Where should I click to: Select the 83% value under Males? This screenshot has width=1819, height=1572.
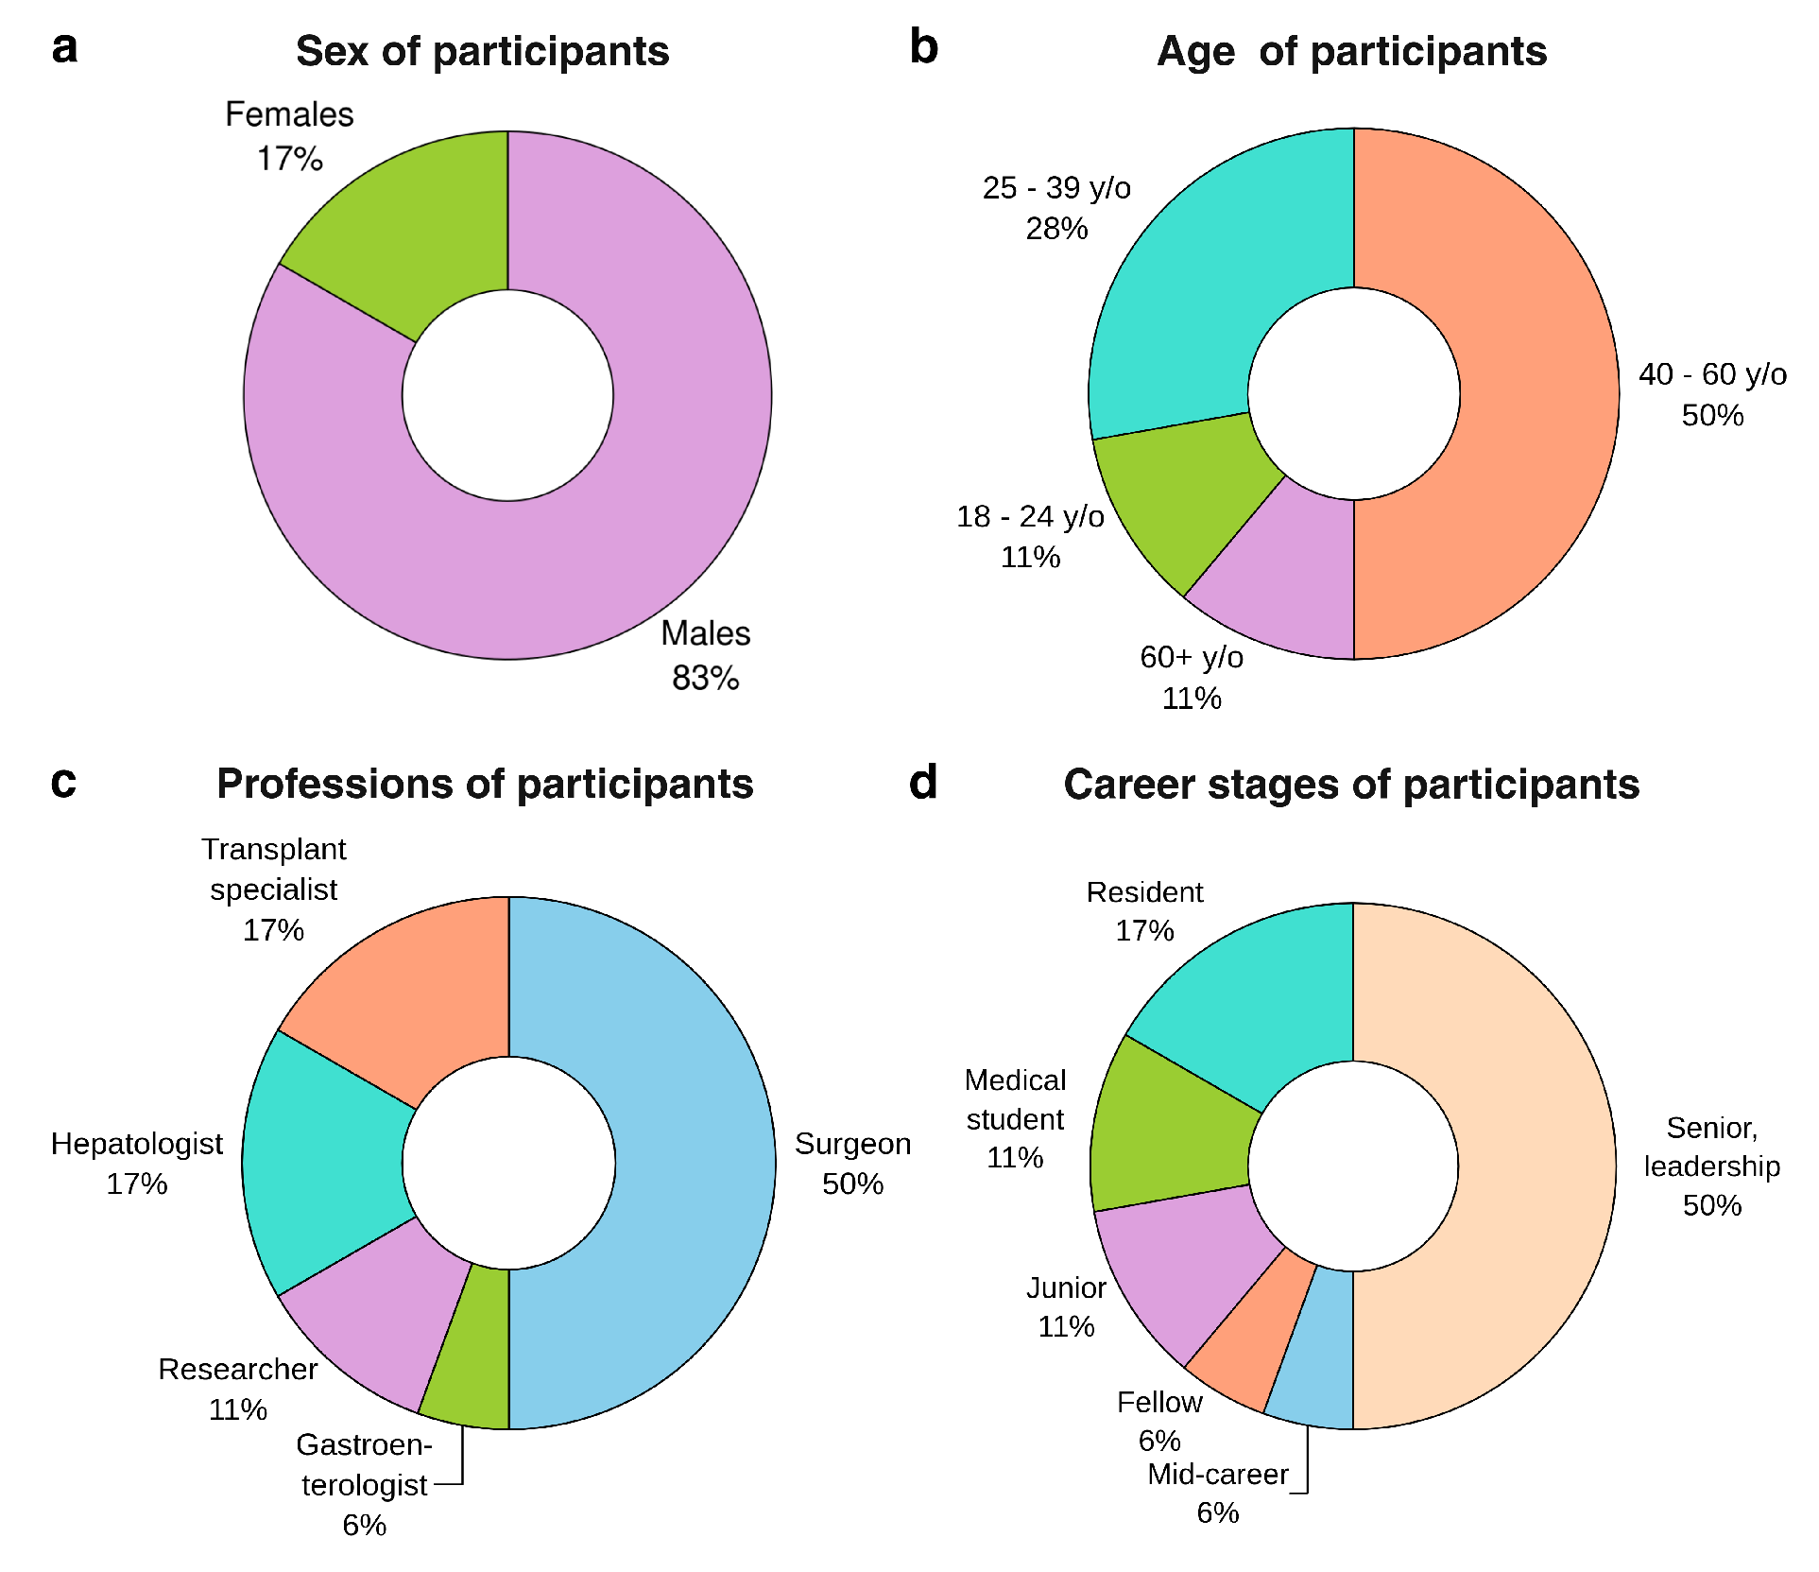point(705,678)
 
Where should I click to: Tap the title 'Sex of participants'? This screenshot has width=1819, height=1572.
point(482,51)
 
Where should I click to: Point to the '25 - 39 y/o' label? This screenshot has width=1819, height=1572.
point(1056,188)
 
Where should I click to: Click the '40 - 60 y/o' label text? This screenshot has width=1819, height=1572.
point(1712,375)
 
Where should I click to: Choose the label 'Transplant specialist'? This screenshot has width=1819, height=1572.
point(274,870)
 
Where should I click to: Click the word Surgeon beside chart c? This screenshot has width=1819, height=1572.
point(852,1144)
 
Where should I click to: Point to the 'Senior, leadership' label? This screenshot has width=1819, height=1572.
point(1711,1148)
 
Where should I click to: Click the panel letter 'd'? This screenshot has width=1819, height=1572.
point(922,783)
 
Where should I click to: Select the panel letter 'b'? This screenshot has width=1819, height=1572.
point(923,47)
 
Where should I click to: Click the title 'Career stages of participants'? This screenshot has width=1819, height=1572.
point(1351,785)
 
